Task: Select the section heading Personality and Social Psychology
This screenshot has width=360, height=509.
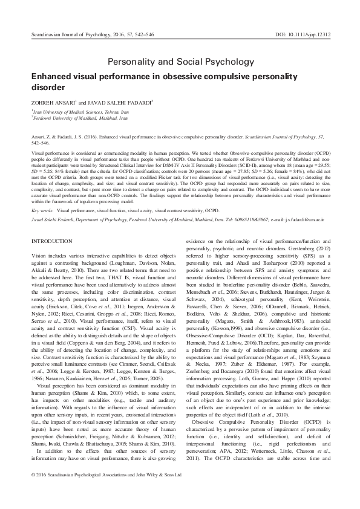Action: click(180, 62)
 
